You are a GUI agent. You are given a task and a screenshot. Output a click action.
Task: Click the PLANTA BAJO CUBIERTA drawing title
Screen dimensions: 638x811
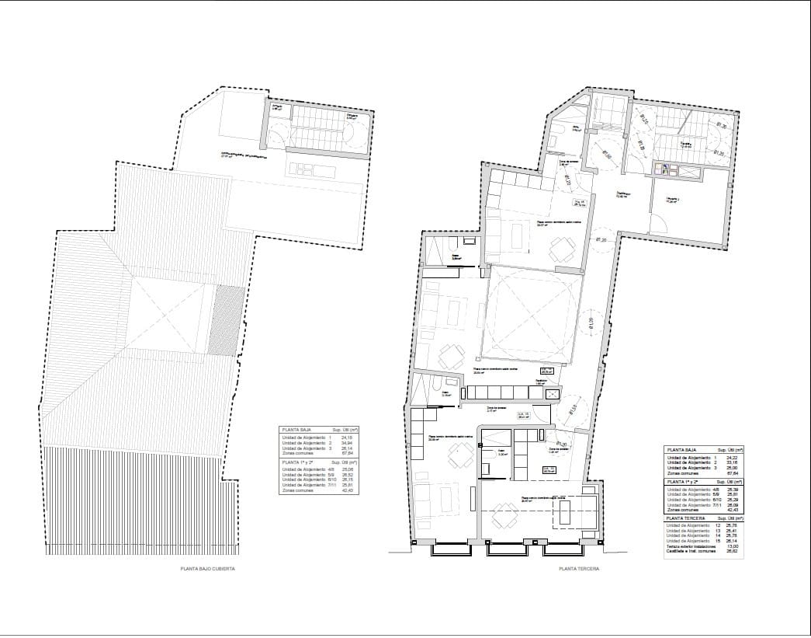(x=207, y=569)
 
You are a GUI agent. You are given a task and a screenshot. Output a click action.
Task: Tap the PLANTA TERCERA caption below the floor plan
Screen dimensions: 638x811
(x=579, y=569)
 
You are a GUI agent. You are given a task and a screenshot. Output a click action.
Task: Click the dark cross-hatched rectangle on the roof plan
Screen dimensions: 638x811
(x=224, y=319)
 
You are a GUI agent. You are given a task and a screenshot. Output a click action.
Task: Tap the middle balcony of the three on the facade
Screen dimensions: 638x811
(x=509, y=549)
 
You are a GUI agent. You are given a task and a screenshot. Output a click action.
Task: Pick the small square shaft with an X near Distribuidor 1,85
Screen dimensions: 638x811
(x=553, y=395)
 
